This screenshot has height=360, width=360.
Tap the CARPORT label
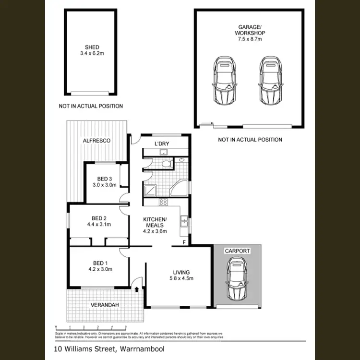(238, 251)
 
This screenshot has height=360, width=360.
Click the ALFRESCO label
(97, 141)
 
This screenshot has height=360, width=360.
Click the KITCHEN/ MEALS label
(155, 222)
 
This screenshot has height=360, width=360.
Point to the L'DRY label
(162, 144)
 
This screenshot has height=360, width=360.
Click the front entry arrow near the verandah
(137, 289)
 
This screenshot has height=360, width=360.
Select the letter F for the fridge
(185, 242)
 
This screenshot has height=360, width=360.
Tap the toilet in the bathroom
(167, 164)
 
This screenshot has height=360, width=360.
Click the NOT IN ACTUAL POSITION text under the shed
(91, 106)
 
